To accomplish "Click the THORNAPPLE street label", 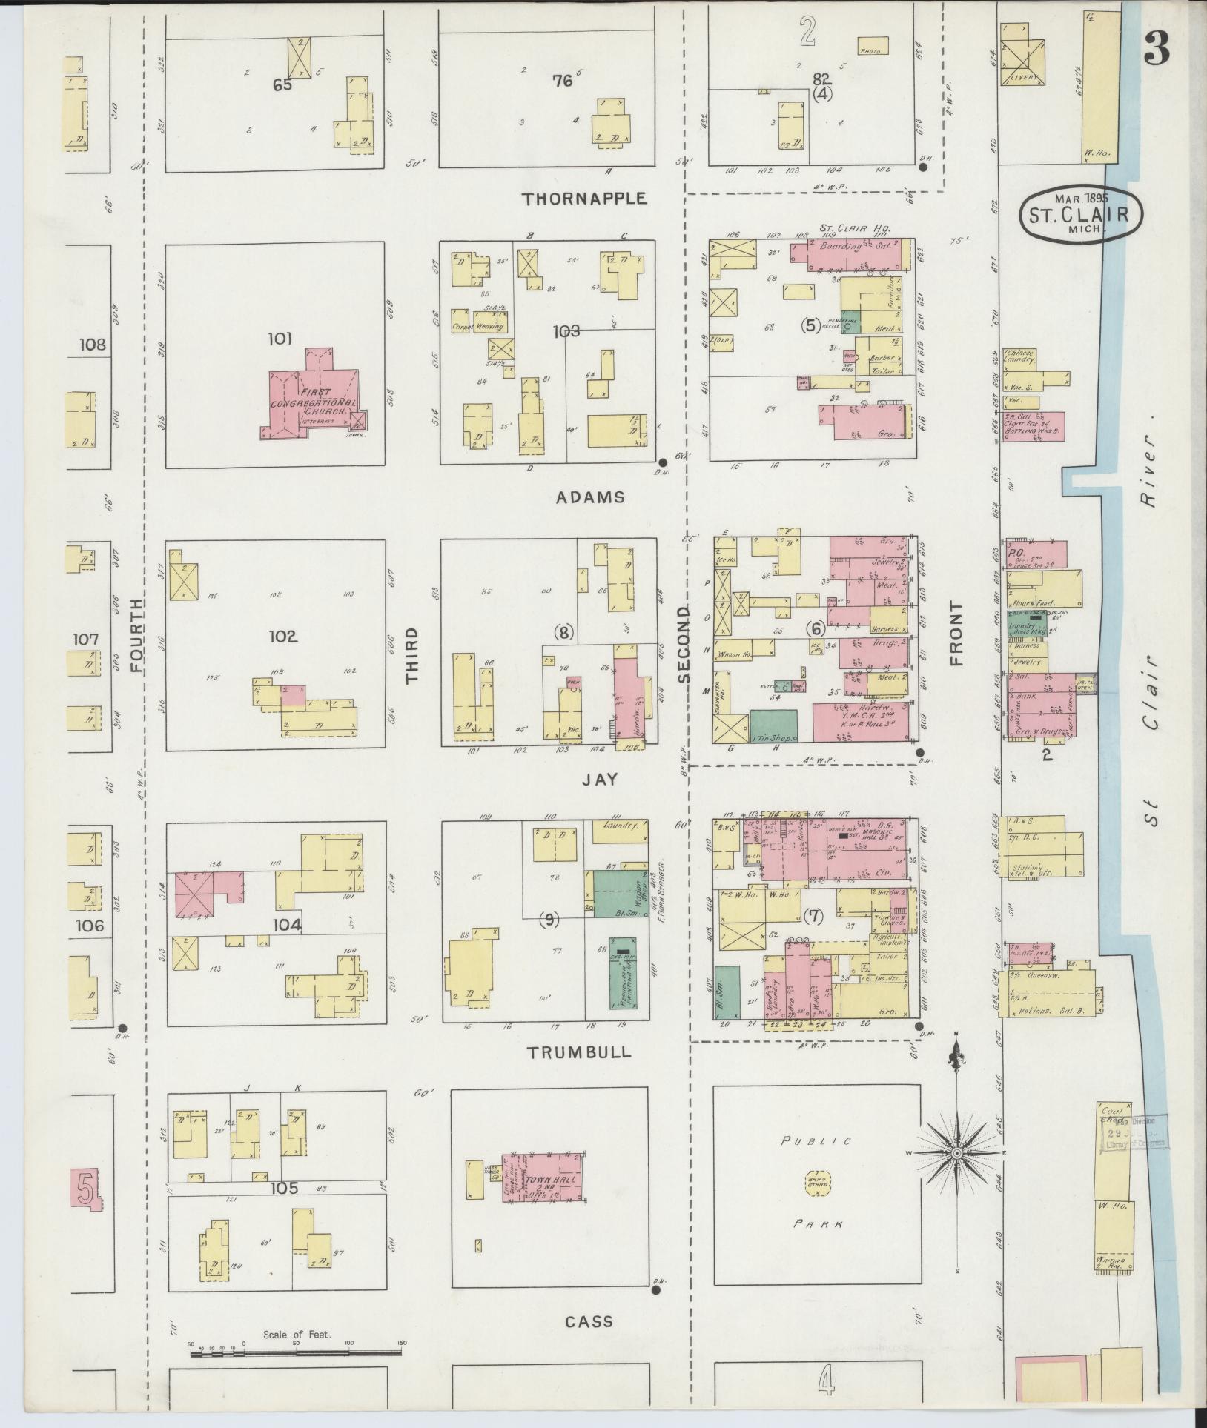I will tap(584, 199).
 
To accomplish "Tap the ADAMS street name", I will tap(591, 497).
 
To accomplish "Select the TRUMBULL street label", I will tap(579, 1052).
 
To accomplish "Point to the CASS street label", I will tap(589, 1321).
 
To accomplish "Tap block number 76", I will tap(563, 81).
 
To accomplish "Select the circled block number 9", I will tap(550, 920).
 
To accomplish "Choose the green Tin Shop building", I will tap(773, 726).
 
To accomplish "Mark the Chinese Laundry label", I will tap(1019, 356).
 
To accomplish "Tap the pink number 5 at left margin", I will tap(86, 1191).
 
